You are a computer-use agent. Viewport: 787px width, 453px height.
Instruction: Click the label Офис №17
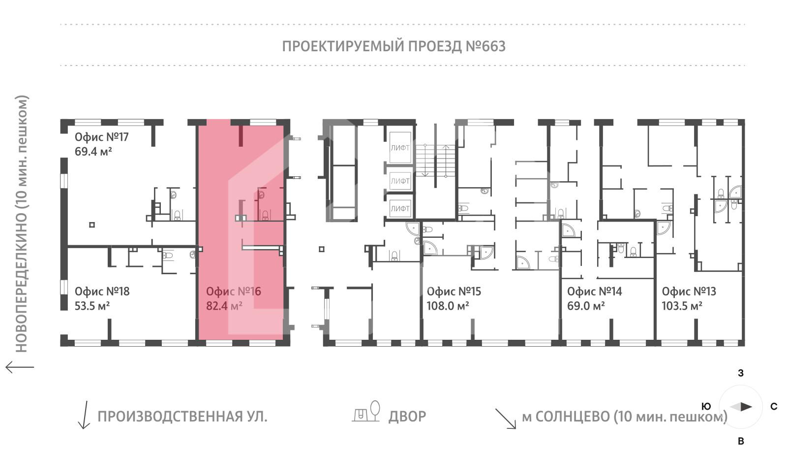click(x=101, y=137)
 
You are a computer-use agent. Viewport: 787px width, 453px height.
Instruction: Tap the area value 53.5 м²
click(x=92, y=306)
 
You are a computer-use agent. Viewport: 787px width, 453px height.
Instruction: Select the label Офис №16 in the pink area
click(x=234, y=291)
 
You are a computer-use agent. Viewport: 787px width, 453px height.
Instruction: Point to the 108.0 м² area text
click(x=448, y=306)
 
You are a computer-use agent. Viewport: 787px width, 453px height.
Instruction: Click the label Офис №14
click(x=594, y=291)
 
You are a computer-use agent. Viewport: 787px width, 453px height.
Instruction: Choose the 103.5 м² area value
click(x=682, y=306)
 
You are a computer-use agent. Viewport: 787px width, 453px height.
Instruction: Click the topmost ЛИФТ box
click(x=400, y=147)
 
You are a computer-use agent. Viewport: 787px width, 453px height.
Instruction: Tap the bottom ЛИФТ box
click(x=400, y=208)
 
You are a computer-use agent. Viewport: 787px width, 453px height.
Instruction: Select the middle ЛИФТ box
click(x=400, y=181)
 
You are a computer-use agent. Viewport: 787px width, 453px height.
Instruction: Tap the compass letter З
click(x=741, y=373)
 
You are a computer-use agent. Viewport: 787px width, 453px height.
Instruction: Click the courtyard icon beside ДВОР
click(x=367, y=411)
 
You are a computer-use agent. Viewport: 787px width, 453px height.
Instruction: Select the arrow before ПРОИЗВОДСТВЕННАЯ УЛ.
click(x=84, y=415)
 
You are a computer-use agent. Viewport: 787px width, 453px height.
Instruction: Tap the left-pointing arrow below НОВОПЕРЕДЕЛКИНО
click(x=20, y=367)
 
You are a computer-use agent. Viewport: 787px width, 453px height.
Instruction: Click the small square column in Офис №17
click(x=91, y=225)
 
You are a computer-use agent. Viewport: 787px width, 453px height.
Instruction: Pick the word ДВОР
click(x=407, y=417)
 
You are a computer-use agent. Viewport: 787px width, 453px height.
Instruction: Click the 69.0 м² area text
click(x=586, y=306)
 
